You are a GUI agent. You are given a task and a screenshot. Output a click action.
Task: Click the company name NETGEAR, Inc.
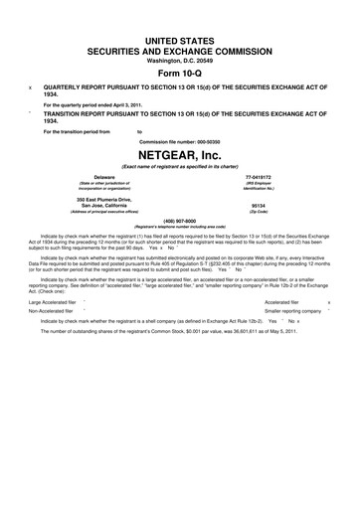179,157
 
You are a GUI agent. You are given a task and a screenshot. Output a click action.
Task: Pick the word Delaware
92,177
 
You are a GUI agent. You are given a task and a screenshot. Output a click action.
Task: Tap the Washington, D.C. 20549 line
179,59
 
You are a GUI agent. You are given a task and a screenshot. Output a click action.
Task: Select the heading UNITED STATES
179,36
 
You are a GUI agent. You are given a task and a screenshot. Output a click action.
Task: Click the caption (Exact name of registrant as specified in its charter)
179,168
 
